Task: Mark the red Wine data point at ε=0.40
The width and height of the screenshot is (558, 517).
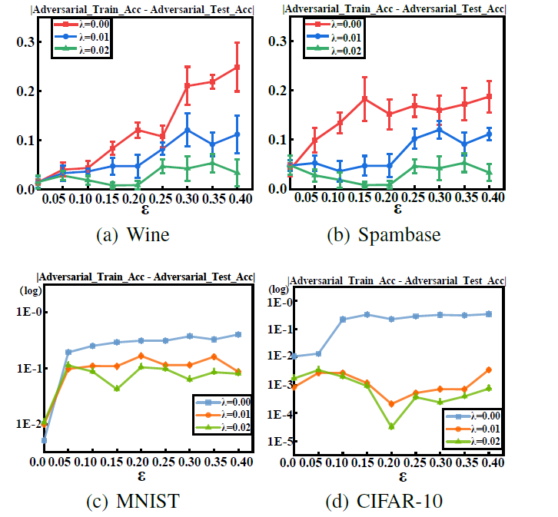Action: click(x=237, y=67)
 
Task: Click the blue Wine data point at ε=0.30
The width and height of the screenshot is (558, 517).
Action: click(x=187, y=129)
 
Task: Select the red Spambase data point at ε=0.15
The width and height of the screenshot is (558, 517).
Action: click(x=365, y=99)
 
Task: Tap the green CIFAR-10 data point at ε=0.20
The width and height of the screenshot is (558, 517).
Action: click(x=392, y=426)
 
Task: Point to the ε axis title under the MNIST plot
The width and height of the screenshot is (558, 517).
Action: click(x=138, y=477)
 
